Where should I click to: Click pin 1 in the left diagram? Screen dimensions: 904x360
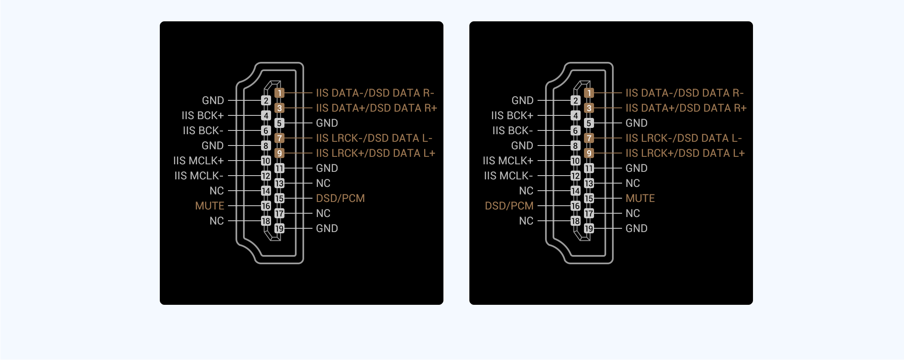(279, 93)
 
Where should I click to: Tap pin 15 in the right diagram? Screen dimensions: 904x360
(589, 198)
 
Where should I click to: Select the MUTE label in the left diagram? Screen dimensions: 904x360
(210, 206)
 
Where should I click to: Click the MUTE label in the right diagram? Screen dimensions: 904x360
(640, 198)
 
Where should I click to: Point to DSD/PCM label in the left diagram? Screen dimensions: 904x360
(341, 198)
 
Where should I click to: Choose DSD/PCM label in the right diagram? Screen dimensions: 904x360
(509, 206)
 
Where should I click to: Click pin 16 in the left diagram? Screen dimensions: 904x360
(266, 206)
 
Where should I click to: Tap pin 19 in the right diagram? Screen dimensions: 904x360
(589, 228)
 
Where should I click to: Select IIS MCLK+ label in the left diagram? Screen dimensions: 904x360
(198, 161)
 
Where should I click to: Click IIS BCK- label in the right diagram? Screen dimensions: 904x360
(512, 130)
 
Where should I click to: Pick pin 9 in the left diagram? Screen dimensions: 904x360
(279, 153)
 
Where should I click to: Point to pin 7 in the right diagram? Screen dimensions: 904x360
(589, 138)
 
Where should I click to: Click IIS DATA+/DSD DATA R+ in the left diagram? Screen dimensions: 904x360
(376, 108)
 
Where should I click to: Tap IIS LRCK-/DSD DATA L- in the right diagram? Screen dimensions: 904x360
(684, 138)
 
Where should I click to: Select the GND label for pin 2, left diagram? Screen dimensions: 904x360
(213, 100)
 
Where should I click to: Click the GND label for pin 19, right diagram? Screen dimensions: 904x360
(637, 228)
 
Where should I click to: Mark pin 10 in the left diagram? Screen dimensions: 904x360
(266, 161)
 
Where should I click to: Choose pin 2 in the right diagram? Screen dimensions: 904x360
(576, 100)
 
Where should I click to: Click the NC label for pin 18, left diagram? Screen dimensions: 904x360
(217, 221)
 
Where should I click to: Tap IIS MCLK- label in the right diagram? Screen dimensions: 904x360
(508, 176)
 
